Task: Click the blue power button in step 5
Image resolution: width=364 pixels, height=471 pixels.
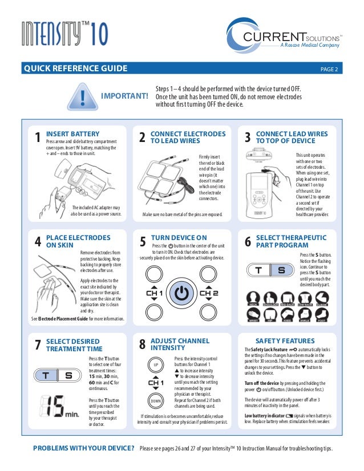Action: tap(181, 294)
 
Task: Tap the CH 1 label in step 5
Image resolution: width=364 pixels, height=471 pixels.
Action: tap(153, 294)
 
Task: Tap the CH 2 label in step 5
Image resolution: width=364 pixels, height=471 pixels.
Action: tap(209, 294)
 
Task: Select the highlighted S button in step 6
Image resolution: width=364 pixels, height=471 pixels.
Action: tap(281, 271)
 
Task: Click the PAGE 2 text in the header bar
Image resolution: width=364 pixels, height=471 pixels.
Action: tap(329, 70)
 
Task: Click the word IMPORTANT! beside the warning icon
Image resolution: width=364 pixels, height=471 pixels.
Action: tap(124, 98)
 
